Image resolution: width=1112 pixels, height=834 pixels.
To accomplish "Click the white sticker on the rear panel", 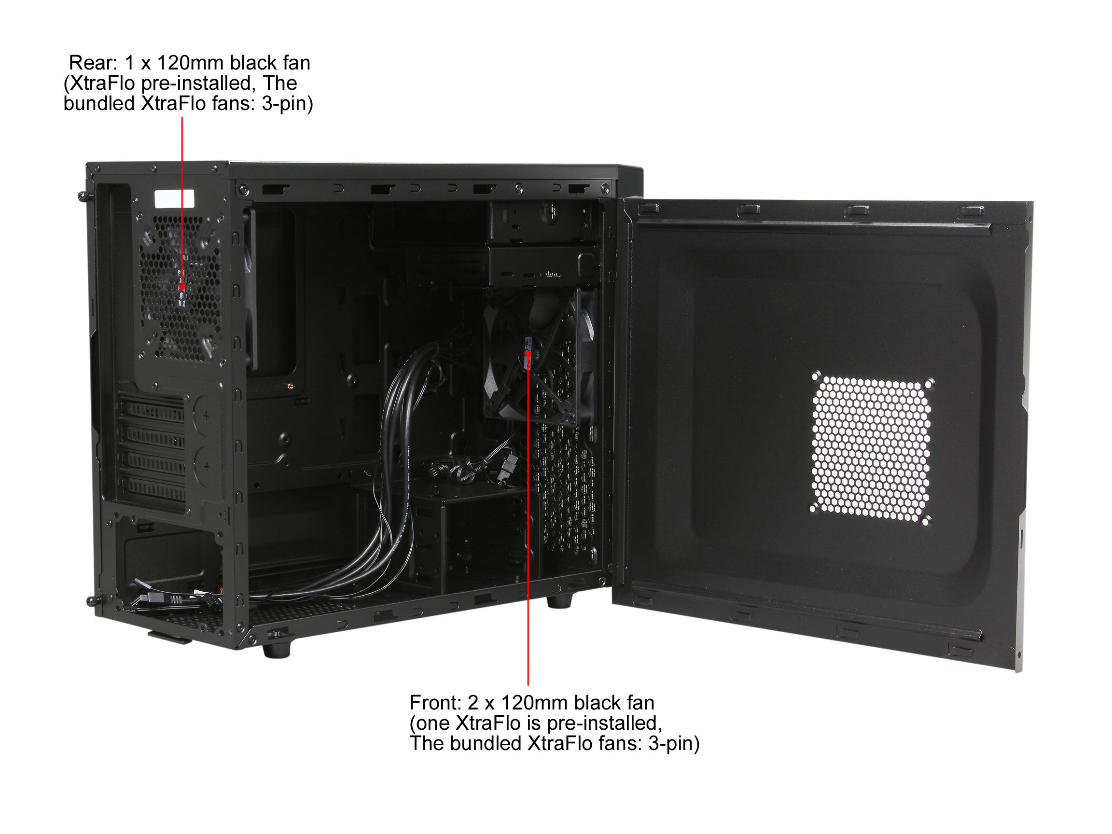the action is click(174, 198).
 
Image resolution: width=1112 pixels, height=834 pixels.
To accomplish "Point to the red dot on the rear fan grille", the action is click(182, 287).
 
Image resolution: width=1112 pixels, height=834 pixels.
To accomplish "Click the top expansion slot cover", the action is click(152, 406).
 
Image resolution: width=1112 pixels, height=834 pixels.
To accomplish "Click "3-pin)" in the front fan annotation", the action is click(674, 744).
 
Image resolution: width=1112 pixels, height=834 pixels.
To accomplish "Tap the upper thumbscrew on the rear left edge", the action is click(82, 195).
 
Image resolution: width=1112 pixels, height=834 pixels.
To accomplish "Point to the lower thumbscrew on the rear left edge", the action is click(92, 601).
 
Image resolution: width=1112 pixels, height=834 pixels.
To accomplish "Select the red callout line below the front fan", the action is click(528, 518).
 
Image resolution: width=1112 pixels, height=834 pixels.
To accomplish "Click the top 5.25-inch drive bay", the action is click(543, 221).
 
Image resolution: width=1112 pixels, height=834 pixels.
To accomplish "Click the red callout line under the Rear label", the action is click(182, 201).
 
